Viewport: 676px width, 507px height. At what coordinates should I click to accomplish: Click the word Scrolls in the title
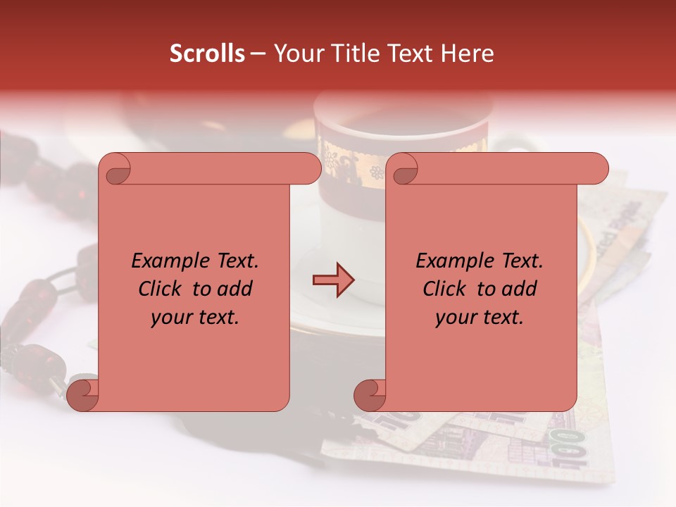coord(208,54)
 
